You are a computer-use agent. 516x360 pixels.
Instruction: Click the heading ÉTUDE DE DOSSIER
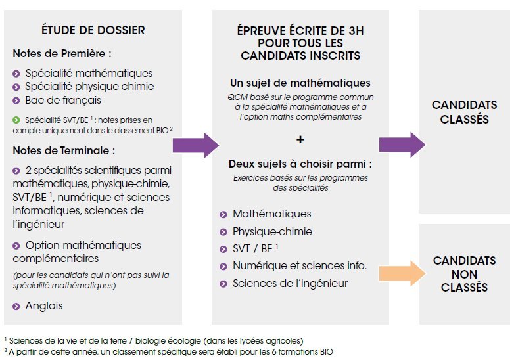click(93, 30)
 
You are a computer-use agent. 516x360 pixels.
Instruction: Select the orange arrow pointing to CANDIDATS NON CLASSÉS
click(402, 273)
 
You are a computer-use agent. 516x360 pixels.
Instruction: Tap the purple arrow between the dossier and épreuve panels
click(196, 145)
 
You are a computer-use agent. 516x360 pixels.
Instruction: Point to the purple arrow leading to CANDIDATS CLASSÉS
click(402, 145)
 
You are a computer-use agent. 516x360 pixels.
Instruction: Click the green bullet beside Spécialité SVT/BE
click(16, 120)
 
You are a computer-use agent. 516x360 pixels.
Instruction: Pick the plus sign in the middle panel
click(300, 140)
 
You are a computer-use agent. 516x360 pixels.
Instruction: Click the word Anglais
click(44, 305)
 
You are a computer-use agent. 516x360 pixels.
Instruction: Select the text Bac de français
click(63, 101)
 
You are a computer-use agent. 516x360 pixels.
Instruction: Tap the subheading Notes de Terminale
click(64, 150)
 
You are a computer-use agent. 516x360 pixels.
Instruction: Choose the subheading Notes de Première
click(62, 53)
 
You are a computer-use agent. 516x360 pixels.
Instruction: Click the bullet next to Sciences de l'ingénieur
click(223, 284)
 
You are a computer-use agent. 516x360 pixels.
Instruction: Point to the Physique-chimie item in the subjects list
click(272, 231)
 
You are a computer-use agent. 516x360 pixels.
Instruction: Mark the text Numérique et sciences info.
click(300, 265)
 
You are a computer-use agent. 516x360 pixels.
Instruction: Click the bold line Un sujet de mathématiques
click(300, 83)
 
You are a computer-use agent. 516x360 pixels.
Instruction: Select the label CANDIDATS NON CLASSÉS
click(464, 274)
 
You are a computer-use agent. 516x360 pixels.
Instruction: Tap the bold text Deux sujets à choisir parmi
click(297, 164)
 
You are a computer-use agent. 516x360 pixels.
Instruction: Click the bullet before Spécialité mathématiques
click(16, 74)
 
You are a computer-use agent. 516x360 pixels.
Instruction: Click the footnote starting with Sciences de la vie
click(154, 340)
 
